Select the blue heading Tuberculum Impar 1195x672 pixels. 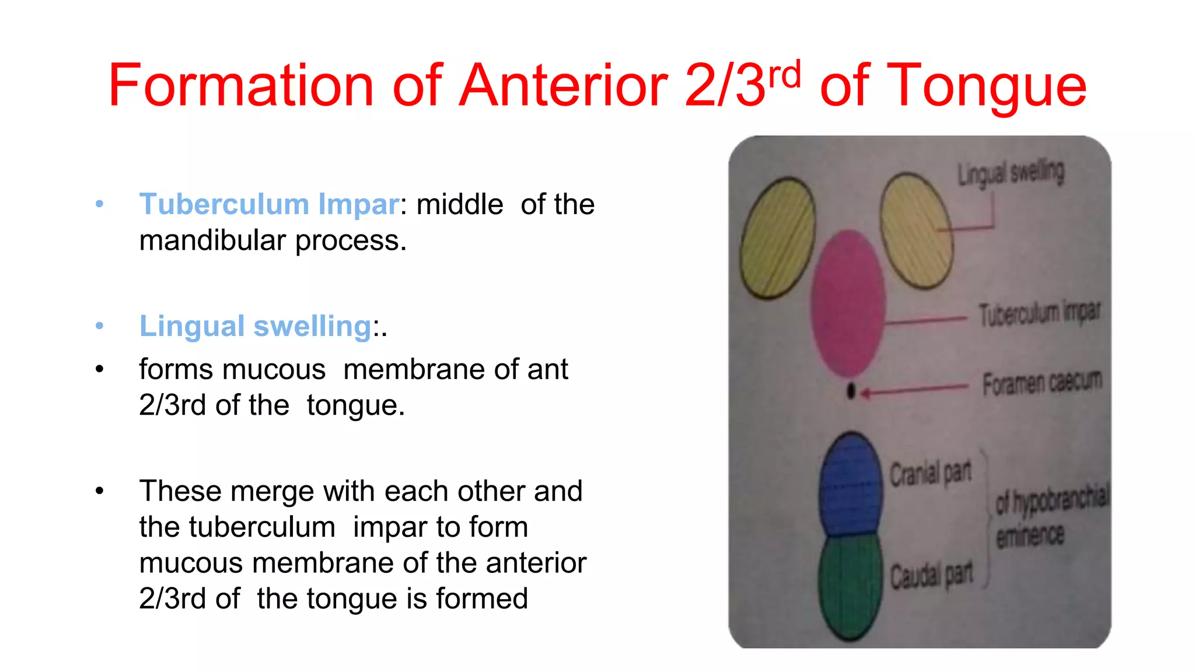coord(269,204)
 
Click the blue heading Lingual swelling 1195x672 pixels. coord(255,325)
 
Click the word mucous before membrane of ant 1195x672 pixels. coord(232,369)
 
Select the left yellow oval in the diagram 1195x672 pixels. coord(777,238)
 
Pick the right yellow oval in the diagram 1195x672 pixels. coord(916,231)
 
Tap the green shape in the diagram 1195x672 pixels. coord(850,586)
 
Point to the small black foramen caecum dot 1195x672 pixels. coord(851,391)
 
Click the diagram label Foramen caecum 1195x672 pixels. coord(1042,383)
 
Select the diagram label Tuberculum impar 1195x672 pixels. coord(1039,314)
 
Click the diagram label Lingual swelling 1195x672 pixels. coord(1011,173)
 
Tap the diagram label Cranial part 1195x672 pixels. coord(930,474)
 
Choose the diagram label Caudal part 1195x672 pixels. coord(931,575)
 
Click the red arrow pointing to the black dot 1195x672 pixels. coord(913,390)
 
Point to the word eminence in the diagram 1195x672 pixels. coord(1030,535)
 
